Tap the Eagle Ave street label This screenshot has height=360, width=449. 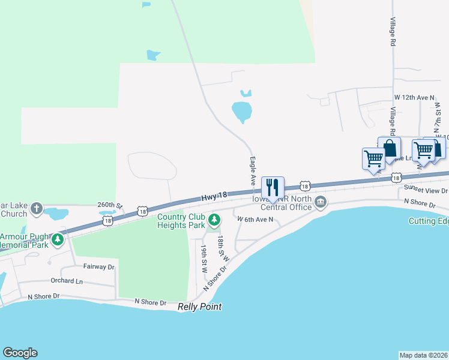[x=253, y=170]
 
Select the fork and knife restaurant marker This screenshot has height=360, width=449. [x=273, y=188]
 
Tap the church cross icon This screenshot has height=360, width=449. [x=37, y=208]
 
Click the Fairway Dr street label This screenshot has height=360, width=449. [x=99, y=266]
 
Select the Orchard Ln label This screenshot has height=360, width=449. [x=67, y=280]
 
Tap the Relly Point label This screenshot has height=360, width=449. [x=200, y=307]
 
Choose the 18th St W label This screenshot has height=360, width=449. [x=223, y=247]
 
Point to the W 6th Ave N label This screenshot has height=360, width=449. [x=255, y=220]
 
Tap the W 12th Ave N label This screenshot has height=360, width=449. [x=414, y=97]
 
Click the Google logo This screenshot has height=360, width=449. [x=20, y=353]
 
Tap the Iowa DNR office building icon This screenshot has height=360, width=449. [x=321, y=202]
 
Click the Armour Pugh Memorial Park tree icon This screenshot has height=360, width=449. [x=58, y=239]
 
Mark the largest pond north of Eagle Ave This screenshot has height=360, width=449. [x=242, y=112]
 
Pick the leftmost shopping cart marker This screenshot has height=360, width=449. [x=373, y=159]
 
